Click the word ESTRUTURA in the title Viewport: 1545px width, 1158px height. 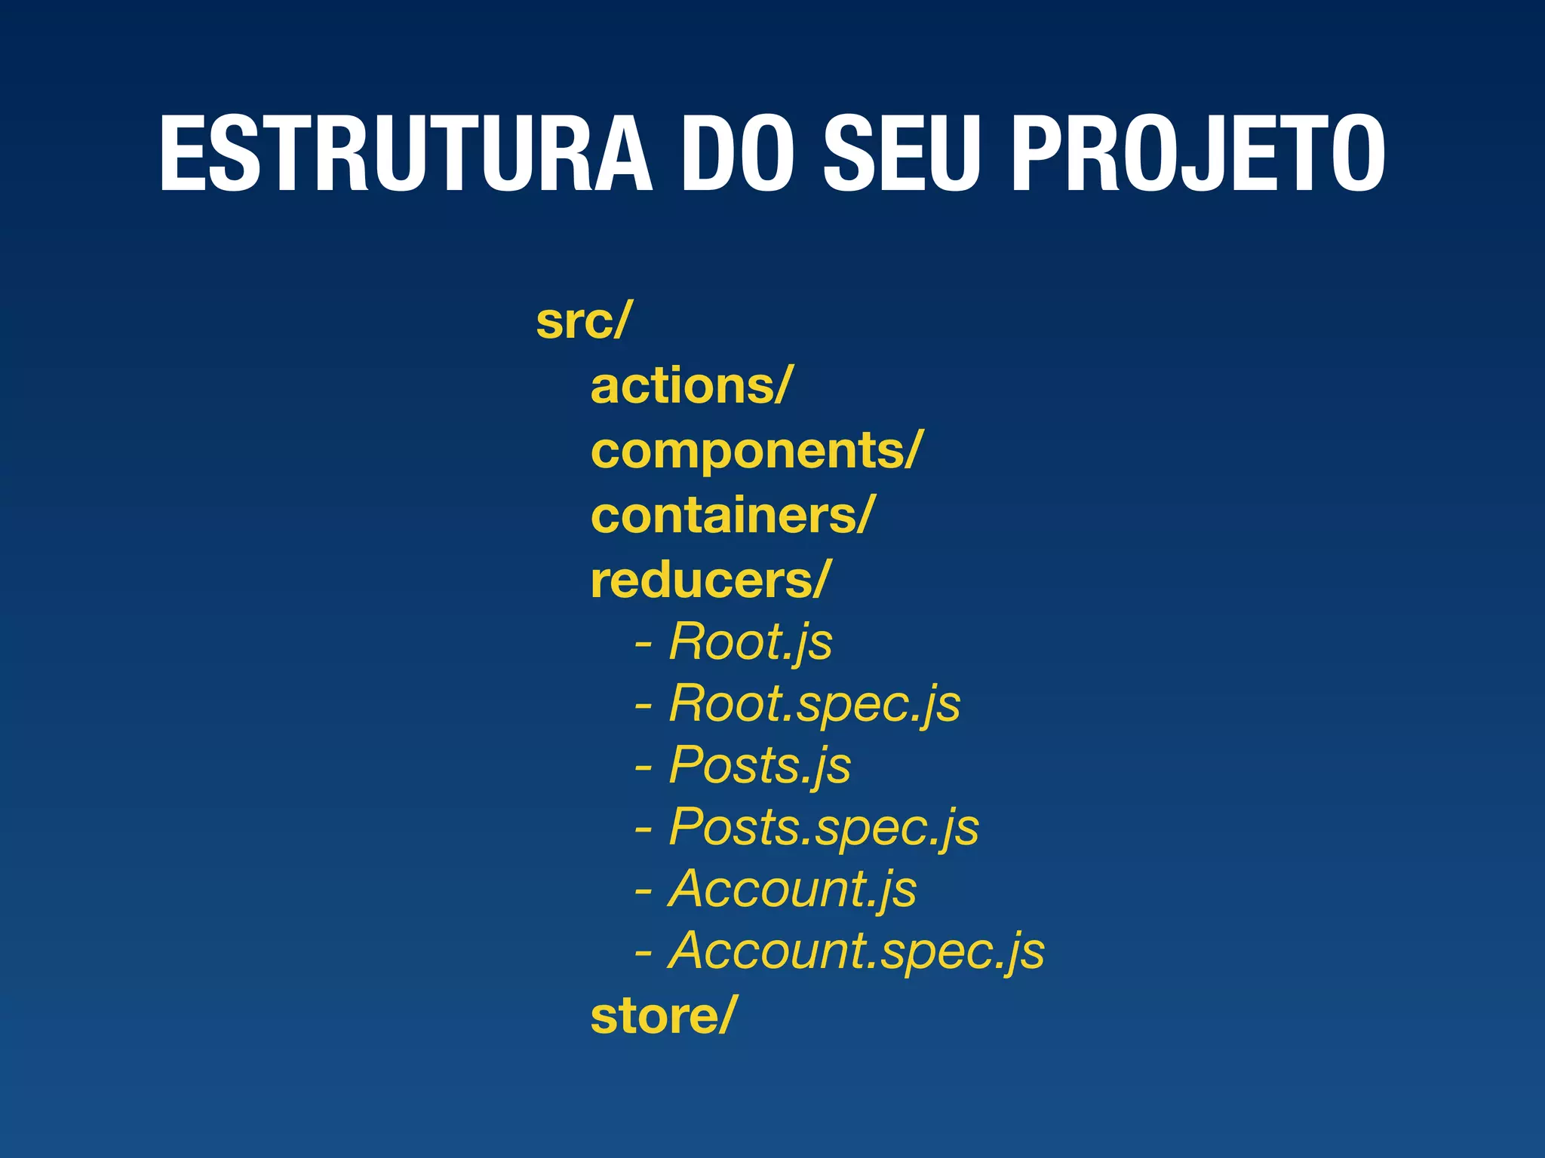405,155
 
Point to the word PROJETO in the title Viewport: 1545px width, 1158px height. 1197,155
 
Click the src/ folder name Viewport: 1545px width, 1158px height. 581,321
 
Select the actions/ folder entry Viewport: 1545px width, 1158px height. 690,386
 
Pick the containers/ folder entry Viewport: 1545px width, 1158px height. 732,516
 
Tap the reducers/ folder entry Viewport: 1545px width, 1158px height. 710,581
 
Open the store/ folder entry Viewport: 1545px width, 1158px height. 661,1016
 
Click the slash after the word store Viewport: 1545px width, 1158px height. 725,1016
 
